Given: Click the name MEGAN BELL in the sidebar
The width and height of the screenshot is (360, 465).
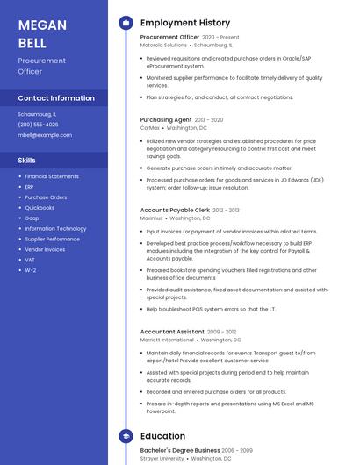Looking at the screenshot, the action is [x=42, y=33].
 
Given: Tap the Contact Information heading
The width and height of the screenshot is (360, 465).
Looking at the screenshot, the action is [x=56, y=98].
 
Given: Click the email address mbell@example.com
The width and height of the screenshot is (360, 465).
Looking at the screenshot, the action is [x=45, y=135].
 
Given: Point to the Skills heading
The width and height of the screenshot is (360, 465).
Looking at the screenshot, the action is [x=27, y=161].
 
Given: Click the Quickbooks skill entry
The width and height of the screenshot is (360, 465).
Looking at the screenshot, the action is [x=40, y=208].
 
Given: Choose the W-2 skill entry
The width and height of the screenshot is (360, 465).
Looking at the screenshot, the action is [x=31, y=270].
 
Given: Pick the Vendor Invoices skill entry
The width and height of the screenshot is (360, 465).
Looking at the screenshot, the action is [x=45, y=249].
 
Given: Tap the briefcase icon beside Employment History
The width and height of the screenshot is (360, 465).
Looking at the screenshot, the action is [x=126, y=23].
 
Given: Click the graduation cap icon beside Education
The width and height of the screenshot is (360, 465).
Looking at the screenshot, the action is [x=126, y=436].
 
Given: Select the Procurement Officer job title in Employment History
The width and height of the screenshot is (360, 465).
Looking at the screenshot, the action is [x=169, y=38].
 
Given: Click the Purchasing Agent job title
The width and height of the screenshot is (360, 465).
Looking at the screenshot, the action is [x=166, y=119].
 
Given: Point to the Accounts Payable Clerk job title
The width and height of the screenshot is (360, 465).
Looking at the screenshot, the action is [x=175, y=211].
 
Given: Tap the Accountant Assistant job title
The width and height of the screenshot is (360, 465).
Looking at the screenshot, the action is [x=172, y=332].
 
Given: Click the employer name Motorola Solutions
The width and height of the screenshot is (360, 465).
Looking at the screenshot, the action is [x=163, y=45].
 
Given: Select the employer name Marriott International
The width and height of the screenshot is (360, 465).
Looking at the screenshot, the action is [x=167, y=340].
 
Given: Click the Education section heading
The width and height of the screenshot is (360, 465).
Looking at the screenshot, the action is [x=162, y=436].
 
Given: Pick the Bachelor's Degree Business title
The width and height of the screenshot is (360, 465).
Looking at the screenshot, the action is [x=179, y=450].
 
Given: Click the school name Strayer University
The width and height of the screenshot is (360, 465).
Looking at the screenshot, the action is [x=162, y=458].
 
